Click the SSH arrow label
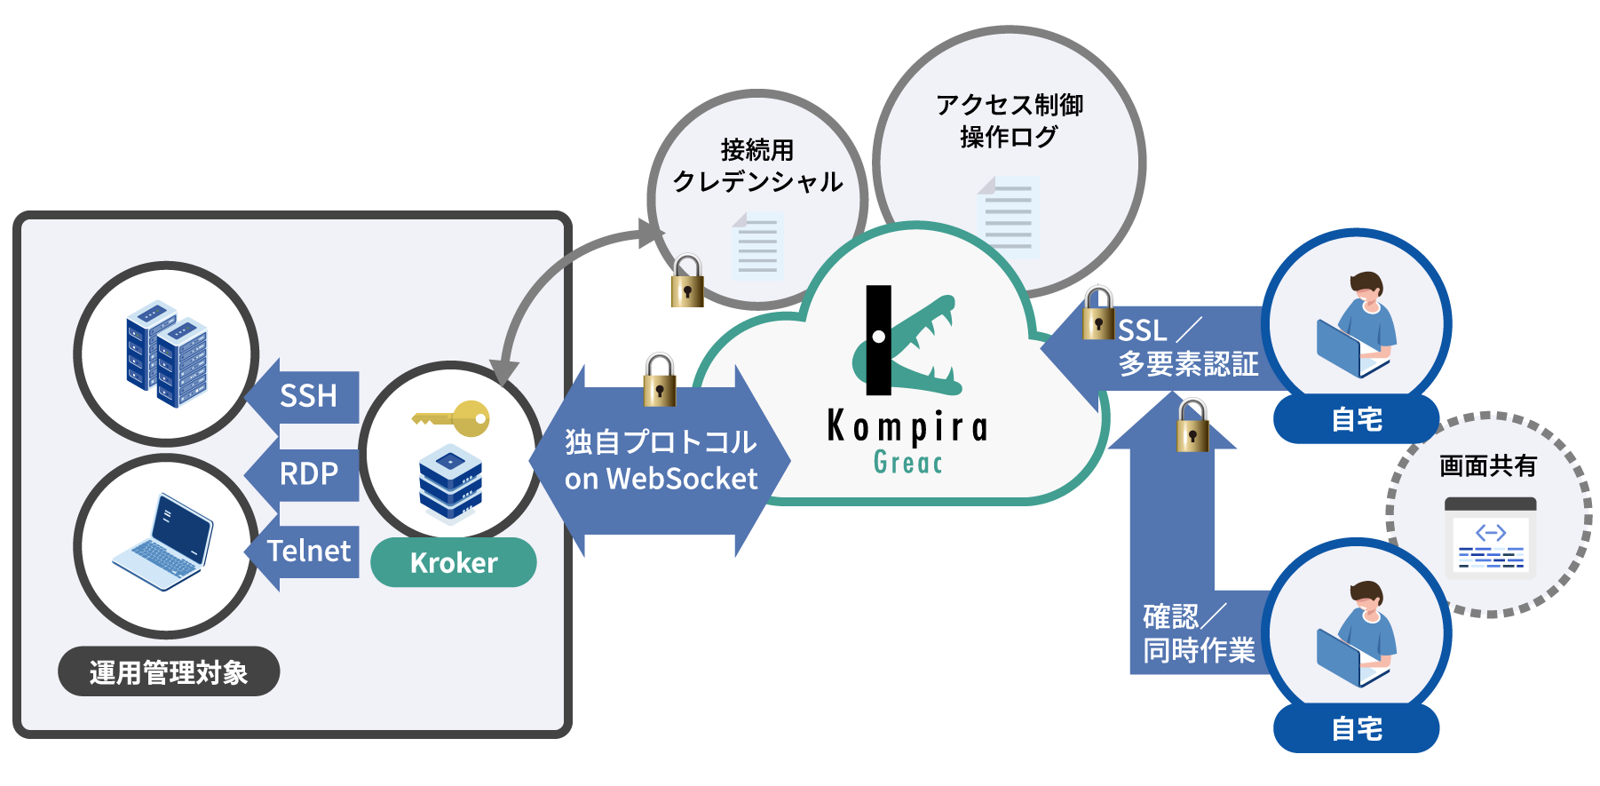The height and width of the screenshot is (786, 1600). (x=308, y=395)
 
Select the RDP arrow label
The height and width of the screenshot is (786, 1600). (x=308, y=473)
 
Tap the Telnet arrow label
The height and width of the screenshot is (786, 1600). (x=309, y=552)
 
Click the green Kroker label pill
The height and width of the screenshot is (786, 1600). (x=453, y=563)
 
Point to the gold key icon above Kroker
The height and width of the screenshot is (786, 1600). (x=452, y=418)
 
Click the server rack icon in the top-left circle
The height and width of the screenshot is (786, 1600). (x=166, y=353)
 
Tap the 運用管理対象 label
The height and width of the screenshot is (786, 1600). (x=169, y=672)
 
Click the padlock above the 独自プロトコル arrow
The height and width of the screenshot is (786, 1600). (x=659, y=380)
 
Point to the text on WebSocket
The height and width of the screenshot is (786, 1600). (x=661, y=480)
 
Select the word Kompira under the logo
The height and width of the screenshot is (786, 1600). (x=907, y=427)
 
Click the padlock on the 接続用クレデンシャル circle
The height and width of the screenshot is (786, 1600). (x=686, y=282)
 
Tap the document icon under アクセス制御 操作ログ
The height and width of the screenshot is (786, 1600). (x=1009, y=217)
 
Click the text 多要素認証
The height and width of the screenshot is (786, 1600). (x=1188, y=364)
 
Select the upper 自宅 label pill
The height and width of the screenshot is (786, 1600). (x=1356, y=418)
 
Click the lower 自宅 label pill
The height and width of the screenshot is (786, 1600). (x=1356, y=728)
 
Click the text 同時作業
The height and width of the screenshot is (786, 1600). (x=1199, y=651)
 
